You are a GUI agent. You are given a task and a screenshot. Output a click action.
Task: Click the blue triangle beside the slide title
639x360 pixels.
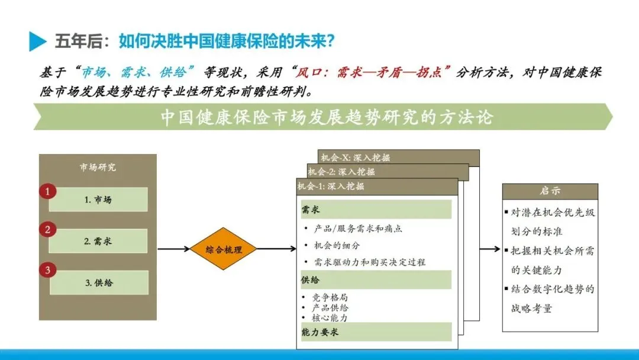[37, 41]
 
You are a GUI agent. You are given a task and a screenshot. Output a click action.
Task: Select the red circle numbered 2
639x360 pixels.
[47, 230]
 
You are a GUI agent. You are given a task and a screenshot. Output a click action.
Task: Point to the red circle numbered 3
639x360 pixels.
[47, 271]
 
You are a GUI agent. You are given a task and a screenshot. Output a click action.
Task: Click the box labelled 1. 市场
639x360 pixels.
[98, 200]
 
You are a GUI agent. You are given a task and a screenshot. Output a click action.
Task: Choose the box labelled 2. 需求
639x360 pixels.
[98, 241]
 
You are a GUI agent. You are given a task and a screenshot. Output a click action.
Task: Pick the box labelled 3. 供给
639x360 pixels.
[98, 282]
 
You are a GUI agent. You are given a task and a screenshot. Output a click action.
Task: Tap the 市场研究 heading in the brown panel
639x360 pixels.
[98, 167]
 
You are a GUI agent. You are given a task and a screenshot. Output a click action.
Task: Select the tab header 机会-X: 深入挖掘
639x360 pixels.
[355, 157]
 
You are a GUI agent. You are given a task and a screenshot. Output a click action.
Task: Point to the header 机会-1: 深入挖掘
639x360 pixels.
[331, 187]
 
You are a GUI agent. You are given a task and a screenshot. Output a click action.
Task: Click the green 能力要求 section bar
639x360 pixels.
[376, 332]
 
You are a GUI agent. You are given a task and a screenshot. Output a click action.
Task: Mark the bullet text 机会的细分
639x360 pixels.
[337, 245]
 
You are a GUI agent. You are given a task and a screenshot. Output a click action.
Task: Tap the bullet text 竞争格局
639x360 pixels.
[331, 297]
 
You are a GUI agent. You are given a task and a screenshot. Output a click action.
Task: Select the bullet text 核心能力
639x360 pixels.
[331, 318]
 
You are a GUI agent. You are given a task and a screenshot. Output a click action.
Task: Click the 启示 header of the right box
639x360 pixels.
[550, 191]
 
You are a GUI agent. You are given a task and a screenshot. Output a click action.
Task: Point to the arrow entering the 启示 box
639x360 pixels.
[490, 249]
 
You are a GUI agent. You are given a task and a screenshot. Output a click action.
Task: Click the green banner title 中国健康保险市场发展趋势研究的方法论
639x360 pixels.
[326, 117]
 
